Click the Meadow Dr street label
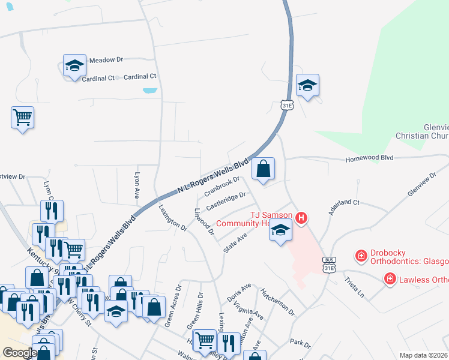pyautogui.click(x=106, y=60)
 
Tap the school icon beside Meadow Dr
pyautogui.click(x=74, y=66)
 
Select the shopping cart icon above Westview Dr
pyautogui.click(x=22, y=116)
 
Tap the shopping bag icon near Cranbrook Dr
pyautogui.click(x=263, y=169)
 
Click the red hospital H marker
pyautogui.click(x=302, y=217)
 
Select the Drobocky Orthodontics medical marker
pyautogui.click(x=361, y=256)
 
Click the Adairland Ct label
pyautogui.click(x=343, y=208)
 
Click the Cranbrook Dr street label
pyautogui.click(x=221, y=186)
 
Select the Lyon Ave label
pyautogui.click(x=137, y=184)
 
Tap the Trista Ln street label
pyautogui.click(x=354, y=287)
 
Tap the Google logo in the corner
pyautogui.click(x=19, y=353)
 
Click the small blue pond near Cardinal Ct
pyautogui.click(x=150, y=91)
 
